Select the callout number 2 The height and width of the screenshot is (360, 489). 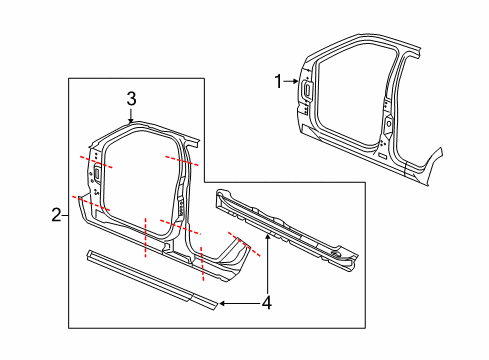click(x=55, y=212)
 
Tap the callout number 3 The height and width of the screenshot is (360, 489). click(x=131, y=98)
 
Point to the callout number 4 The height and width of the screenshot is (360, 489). click(x=267, y=301)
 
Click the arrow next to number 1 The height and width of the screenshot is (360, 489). click(x=292, y=81)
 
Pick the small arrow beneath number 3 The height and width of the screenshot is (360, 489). click(x=131, y=116)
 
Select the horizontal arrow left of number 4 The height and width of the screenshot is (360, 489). click(x=237, y=301)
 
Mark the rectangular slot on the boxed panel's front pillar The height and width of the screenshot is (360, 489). click(x=99, y=176)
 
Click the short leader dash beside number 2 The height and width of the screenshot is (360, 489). click(x=65, y=212)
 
